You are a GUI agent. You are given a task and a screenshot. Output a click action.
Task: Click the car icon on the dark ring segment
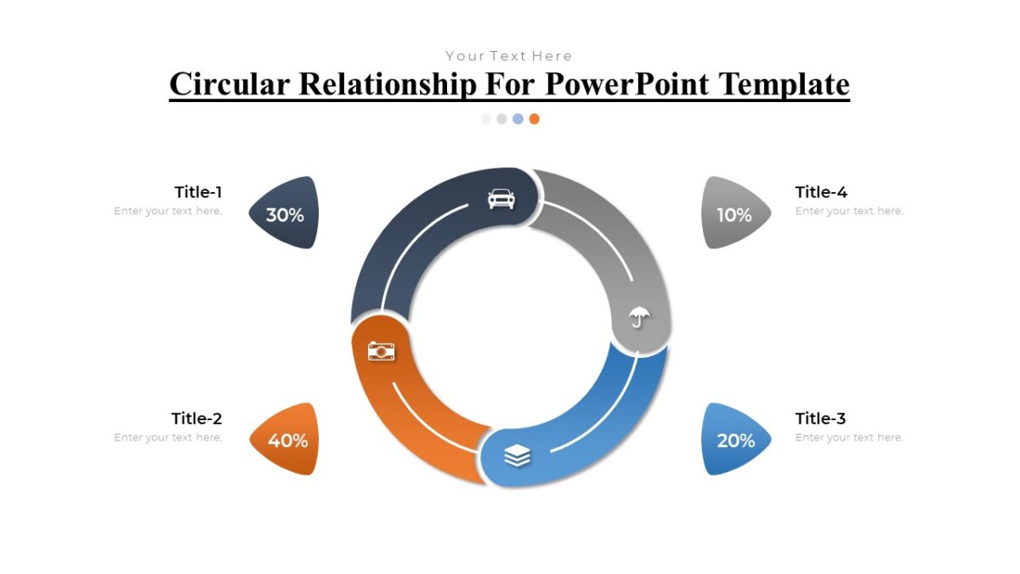[501, 199]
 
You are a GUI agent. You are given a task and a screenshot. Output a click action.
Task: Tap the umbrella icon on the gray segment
[639, 319]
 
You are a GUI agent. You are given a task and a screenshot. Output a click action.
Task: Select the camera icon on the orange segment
[382, 350]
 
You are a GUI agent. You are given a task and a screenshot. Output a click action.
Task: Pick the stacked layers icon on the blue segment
[517, 457]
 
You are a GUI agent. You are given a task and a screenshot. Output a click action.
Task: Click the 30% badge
[285, 214]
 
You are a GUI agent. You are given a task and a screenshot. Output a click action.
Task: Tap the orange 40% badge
[287, 440]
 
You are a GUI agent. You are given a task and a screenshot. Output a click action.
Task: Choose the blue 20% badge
[735, 440]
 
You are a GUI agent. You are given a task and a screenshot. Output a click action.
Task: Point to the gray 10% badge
[734, 214]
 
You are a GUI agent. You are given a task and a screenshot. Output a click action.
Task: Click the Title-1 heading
[198, 192]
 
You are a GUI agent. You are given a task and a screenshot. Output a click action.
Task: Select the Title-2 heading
[196, 418]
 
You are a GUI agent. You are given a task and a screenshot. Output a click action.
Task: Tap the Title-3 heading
[820, 418]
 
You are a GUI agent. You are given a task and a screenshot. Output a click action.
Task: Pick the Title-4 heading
[821, 192]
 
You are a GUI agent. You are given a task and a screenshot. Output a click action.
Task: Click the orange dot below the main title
[534, 119]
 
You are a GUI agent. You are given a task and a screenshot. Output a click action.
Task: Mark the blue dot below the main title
[518, 119]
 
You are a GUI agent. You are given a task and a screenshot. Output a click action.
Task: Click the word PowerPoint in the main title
[629, 84]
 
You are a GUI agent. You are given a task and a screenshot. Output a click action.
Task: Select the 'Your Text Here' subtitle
[509, 56]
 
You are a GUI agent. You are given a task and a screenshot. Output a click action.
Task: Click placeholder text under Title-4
[849, 211]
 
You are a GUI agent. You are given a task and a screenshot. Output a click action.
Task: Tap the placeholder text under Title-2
[168, 437]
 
